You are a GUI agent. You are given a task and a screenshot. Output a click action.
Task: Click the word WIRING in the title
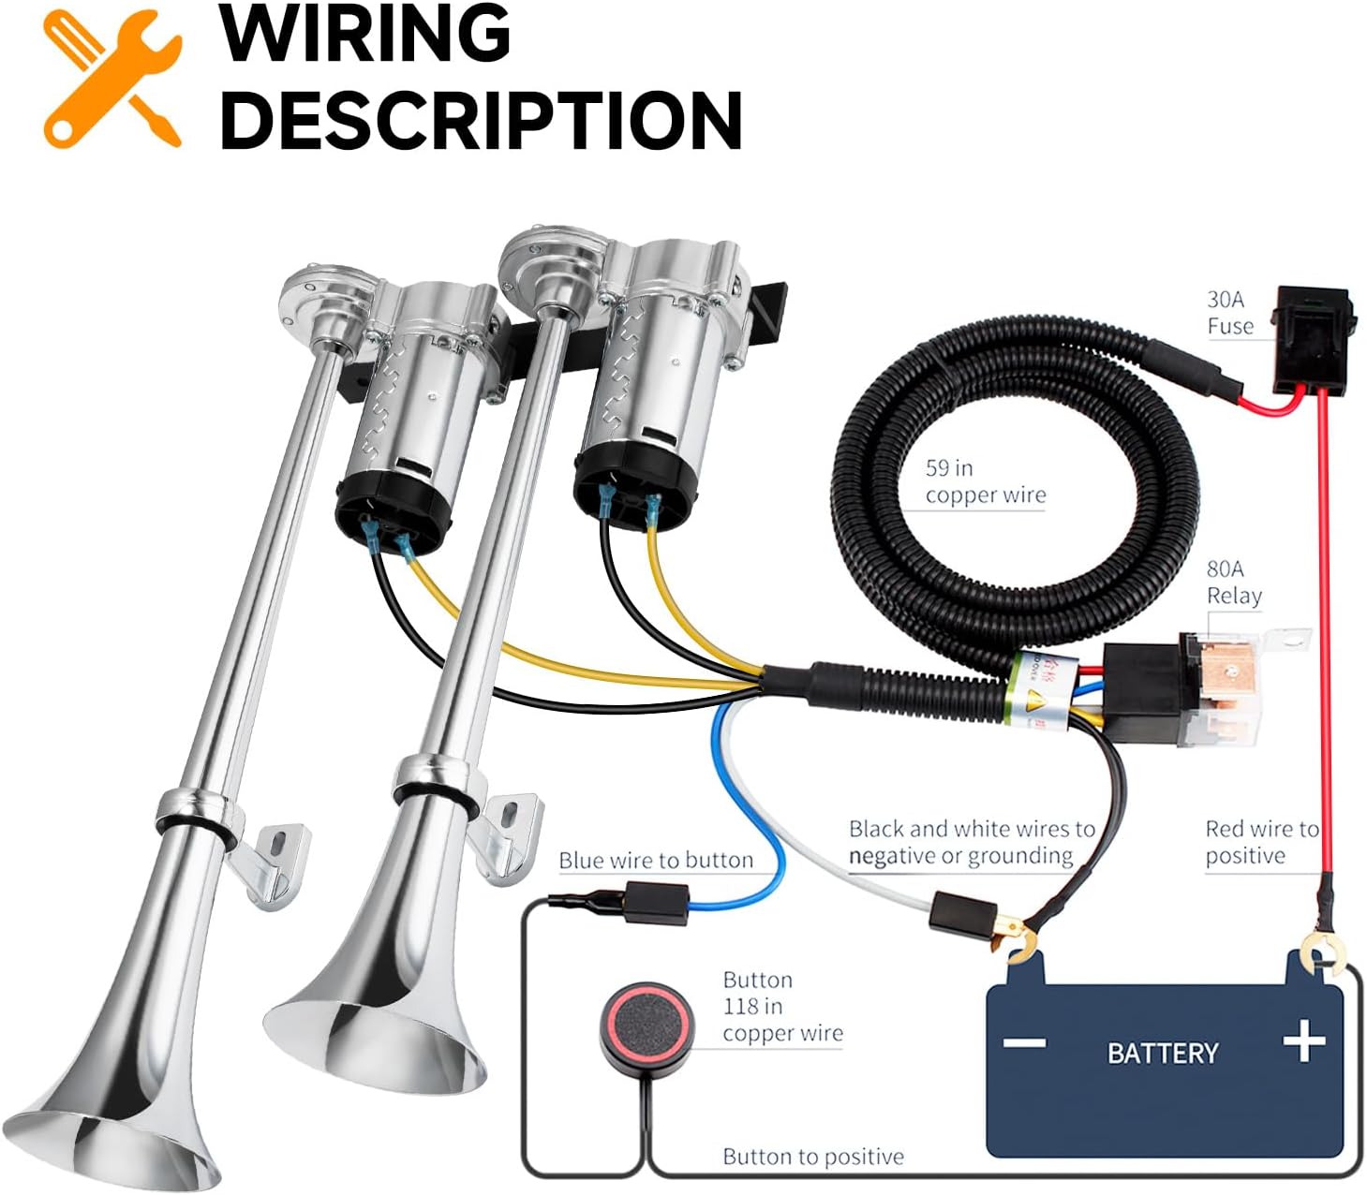tap(365, 34)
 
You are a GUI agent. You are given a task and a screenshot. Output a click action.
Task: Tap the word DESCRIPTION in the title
tap(481, 120)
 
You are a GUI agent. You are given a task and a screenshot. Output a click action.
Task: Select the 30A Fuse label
tap(1229, 313)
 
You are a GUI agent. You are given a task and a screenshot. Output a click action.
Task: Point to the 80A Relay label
tap(1233, 583)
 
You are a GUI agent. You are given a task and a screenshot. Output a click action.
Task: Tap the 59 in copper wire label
tap(984, 481)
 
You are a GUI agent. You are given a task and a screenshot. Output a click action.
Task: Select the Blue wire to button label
tap(655, 861)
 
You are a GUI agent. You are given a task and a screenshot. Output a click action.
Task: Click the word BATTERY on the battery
tap(1163, 1053)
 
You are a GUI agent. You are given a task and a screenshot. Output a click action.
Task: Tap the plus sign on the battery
tap(1303, 1040)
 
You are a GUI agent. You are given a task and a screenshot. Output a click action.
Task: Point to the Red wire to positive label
tap(1260, 842)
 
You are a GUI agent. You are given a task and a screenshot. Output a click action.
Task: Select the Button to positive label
tap(813, 1157)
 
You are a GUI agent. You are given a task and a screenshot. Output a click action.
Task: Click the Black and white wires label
tap(971, 842)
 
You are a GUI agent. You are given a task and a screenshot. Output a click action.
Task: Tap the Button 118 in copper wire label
tap(781, 1007)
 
